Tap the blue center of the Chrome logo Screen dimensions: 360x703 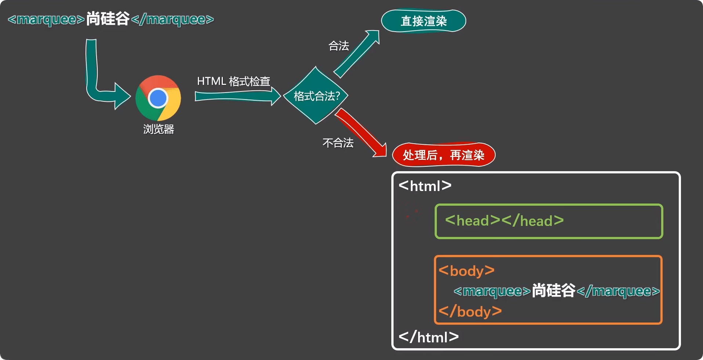158,98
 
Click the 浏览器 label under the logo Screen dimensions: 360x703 159,129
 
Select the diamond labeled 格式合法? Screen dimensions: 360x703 316,96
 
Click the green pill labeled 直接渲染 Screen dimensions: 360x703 424,21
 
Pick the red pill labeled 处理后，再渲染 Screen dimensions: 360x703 444,155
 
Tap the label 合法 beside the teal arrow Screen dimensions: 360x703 338,46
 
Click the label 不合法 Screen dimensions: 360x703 338,143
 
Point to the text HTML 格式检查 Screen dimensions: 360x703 233,81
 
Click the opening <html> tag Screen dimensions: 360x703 425,186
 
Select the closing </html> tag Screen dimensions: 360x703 429,337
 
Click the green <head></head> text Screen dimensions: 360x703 504,221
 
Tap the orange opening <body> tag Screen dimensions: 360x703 467,271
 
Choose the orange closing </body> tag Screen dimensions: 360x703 470,312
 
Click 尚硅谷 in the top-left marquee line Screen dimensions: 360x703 108,19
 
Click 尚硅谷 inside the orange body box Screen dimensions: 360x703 554,291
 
